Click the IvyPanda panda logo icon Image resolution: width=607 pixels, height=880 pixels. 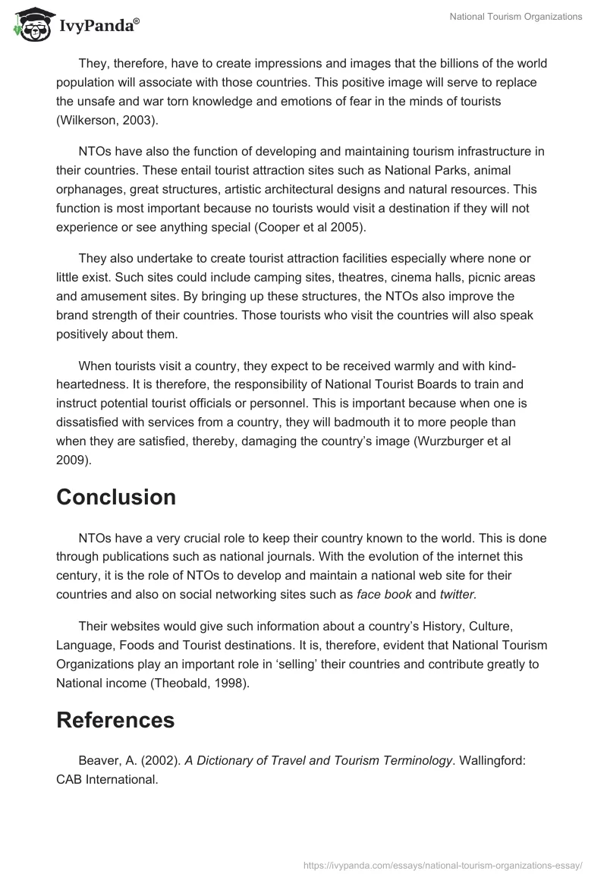[x=30, y=24]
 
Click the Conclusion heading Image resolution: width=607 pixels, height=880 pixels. [x=116, y=497]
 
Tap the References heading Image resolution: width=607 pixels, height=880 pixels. [x=115, y=719]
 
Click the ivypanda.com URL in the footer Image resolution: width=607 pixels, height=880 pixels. [x=443, y=865]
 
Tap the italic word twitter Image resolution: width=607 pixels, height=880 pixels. [x=457, y=595]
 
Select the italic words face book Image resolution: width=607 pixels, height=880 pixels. [x=384, y=595]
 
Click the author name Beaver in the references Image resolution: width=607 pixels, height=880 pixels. [x=99, y=761]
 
